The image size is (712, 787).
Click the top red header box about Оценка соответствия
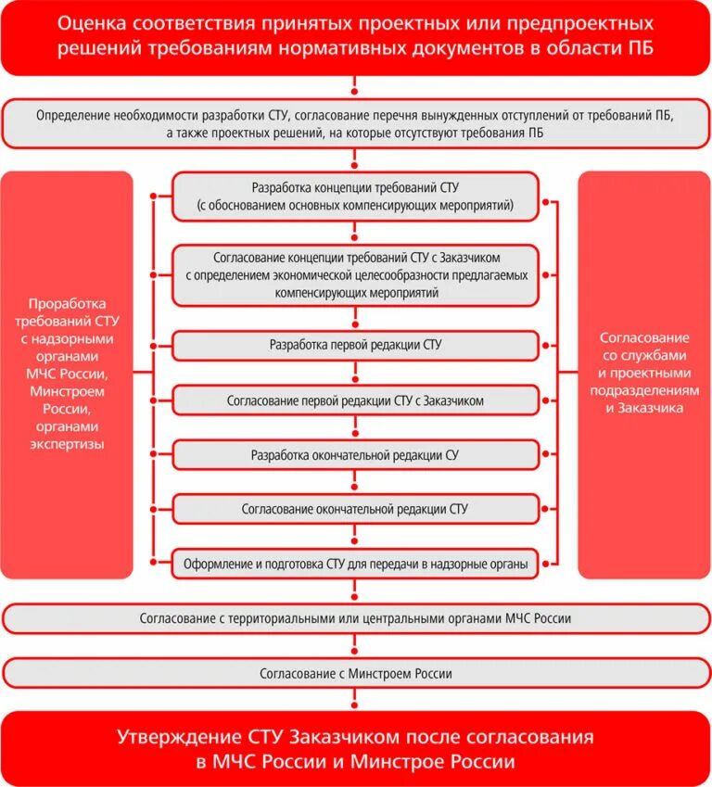point(356,37)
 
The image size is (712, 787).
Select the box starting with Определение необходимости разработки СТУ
point(356,123)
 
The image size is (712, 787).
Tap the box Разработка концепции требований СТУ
point(355,196)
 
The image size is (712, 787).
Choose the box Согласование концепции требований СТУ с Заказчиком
point(355,274)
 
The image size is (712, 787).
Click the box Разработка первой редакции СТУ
point(355,345)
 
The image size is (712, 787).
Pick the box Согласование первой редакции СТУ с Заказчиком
point(355,400)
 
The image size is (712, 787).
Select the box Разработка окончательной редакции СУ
point(355,455)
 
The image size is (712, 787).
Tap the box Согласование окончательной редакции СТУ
point(355,509)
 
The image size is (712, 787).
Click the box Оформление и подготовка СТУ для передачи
point(355,564)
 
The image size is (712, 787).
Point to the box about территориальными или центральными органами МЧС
point(356,618)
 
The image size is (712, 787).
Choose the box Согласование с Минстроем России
point(356,673)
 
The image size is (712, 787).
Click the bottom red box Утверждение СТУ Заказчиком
point(356,749)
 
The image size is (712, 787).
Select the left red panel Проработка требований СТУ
point(67,374)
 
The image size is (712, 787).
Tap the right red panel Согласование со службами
point(644,374)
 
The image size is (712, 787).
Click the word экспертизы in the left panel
point(66,444)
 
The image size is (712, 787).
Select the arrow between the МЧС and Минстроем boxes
point(355,646)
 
